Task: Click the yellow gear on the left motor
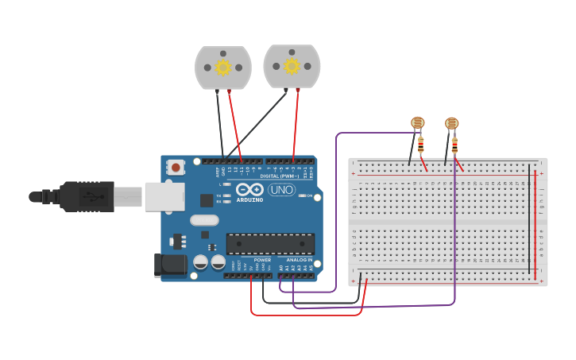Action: (x=223, y=68)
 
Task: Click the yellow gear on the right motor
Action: (x=292, y=66)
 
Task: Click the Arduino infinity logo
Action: (x=249, y=189)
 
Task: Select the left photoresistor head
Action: (x=417, y=122)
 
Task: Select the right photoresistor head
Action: (x=451, y=123)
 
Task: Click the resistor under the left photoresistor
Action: (x=420, y=145)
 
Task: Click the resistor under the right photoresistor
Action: (x=454, y=145)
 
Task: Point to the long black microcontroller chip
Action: (x=270, y=244)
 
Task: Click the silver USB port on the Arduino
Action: (x=164, y=196)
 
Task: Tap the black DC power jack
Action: (x=170, y=265)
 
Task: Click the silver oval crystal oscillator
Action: (x=203, y=220)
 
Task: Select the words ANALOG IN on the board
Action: (x=299, y=260)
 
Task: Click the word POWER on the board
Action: (x=262, y=260)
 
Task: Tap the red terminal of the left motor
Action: (x=229, y=91)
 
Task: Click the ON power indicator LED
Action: (x=302, y=195)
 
